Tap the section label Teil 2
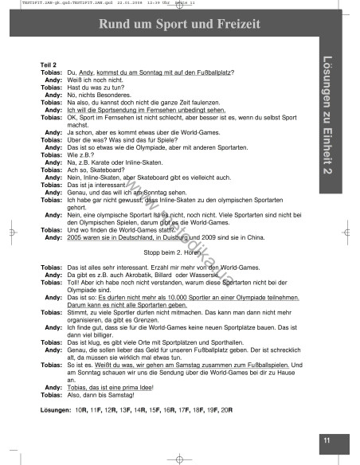click(49, 64)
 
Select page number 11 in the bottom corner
click(326, 440)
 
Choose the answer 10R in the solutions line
click(80, 410)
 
